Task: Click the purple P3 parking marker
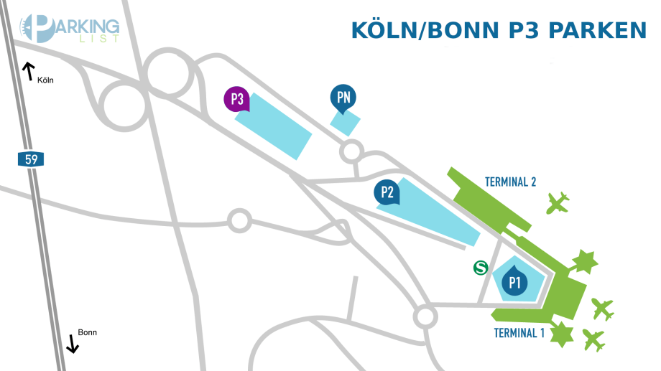(x=236, y=99)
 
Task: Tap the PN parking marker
(x=343, y=98)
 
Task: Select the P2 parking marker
(x=387, y=192)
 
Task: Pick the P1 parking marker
(x=514, y=281)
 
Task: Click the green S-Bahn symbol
(x=481, y=268)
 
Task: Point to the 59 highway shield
(x=31, y=159)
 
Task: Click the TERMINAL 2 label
(x=511, y=182)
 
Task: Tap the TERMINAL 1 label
(x=519, y=333)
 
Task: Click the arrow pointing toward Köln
(x=28, y=70)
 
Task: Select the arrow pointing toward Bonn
(x=73, y=344)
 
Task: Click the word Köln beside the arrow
(x=45, y=80)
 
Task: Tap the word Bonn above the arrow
(x=87, y=332)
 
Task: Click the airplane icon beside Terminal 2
(x=558, y=203)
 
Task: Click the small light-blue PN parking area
(x=346, y=122)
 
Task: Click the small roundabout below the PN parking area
(x=351, y=151)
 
